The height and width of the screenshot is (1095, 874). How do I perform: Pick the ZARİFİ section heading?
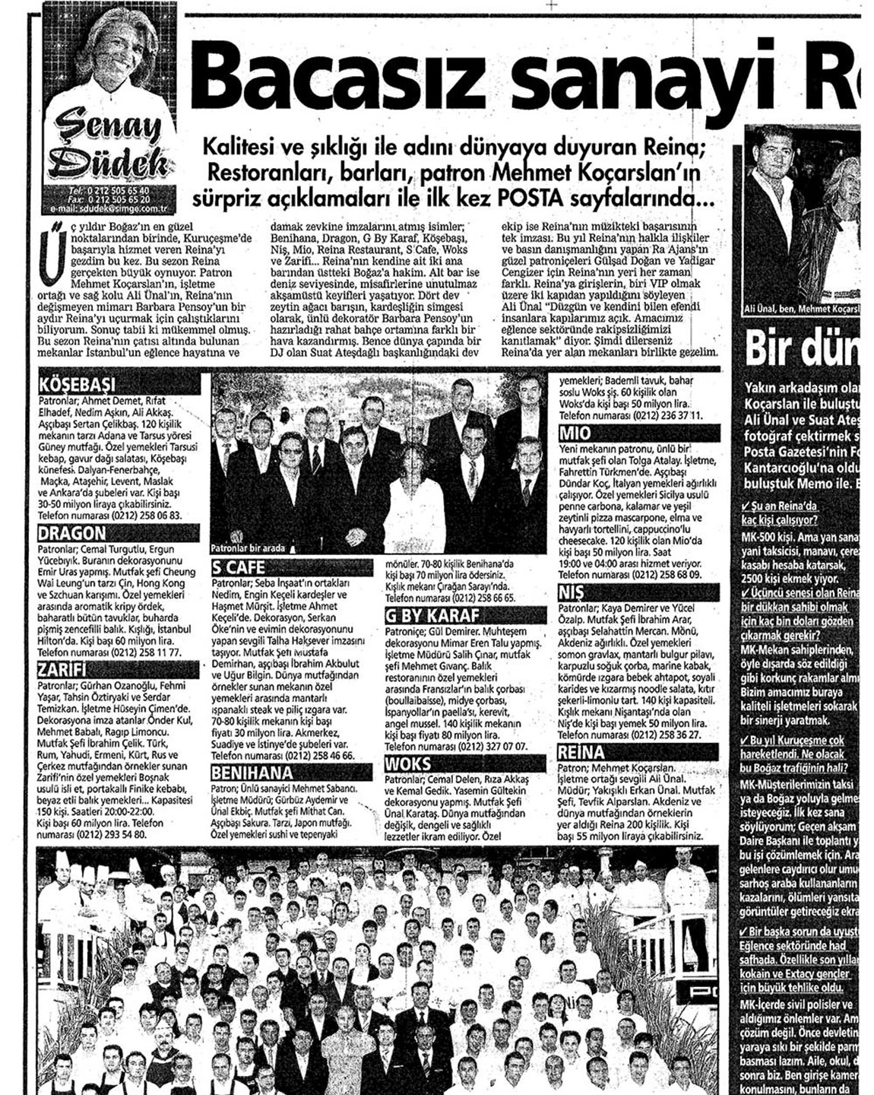point(65,670)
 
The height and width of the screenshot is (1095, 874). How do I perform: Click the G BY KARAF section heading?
point(432,615)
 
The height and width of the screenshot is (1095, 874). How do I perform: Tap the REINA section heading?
point(581,753)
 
